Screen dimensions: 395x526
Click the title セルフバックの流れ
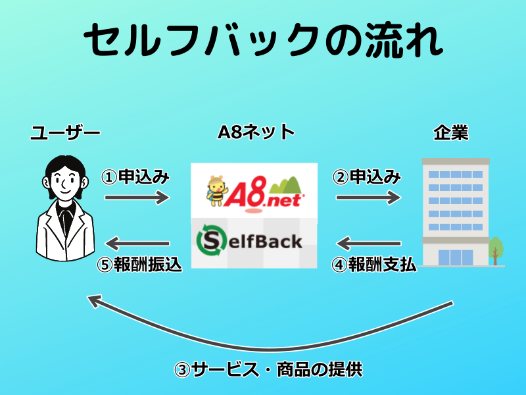pos(263,41)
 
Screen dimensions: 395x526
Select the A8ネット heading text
pos(256,133)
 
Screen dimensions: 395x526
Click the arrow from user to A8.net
pos(137,196)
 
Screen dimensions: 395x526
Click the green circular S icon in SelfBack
pos(212,241)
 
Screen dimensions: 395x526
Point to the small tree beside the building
pos(496,250)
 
